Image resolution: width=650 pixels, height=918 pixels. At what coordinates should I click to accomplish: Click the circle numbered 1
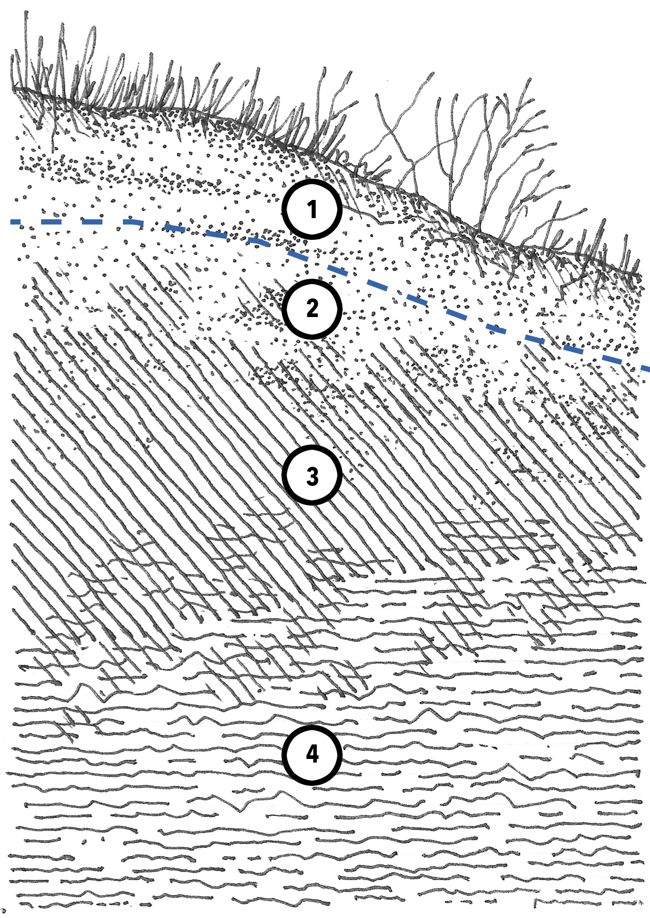point(312,209)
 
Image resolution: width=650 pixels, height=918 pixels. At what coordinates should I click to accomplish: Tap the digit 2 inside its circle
point(312,309)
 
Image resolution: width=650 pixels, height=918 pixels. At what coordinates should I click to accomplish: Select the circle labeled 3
point(312,475)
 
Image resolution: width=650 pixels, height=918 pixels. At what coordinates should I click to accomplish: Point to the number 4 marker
point(312,755)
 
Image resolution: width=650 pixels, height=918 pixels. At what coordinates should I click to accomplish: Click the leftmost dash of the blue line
point(16,222)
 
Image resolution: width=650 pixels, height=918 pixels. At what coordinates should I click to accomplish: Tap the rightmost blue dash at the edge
point(645,368)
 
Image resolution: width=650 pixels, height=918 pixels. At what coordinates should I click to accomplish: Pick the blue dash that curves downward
point(133,223)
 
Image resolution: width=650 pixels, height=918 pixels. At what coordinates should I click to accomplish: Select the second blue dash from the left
point(51,222)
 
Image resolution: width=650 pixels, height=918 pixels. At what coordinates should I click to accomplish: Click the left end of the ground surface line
point(16,89)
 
